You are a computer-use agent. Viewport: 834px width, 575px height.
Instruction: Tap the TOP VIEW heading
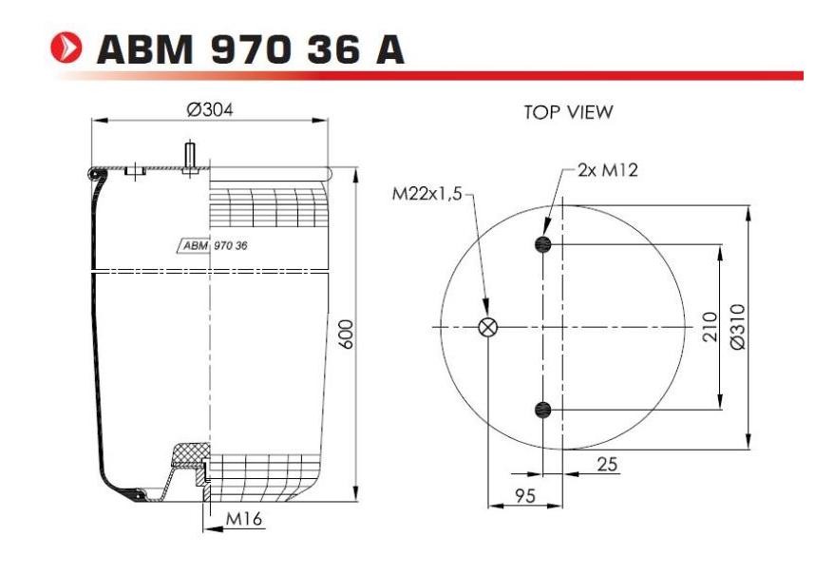click(x=568, y=112)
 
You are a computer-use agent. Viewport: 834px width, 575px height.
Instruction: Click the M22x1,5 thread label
click(x=426, y=195)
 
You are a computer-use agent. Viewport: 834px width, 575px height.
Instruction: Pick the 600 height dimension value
click(x=347, y=334)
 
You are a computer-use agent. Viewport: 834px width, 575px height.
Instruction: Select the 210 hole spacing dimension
click(x=708, y=327)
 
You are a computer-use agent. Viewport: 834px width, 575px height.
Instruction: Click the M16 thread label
click(x=244, y=518)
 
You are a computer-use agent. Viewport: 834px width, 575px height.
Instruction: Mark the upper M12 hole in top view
click(x=542, y=245)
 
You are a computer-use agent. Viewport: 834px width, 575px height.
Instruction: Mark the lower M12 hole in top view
click(x=542, y=410)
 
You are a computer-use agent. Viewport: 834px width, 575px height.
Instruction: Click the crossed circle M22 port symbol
click(x=487, y=328)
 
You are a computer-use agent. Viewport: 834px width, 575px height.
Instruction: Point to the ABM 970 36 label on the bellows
click(x=214, y=245)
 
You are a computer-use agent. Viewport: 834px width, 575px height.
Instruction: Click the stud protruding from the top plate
click(x=190, y=155)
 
